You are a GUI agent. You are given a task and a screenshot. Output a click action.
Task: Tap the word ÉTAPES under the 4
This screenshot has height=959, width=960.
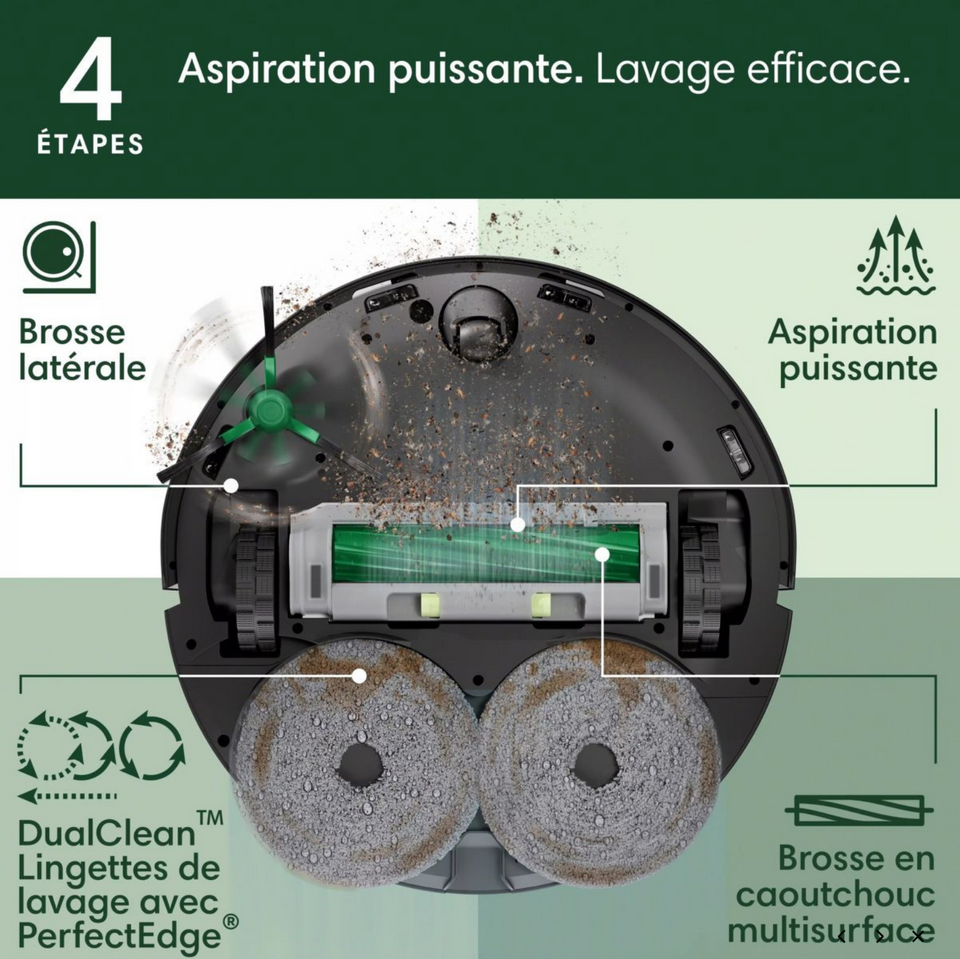[x=90, y=145]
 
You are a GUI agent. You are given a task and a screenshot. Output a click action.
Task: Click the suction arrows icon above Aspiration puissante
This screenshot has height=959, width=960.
[x=895, y=255]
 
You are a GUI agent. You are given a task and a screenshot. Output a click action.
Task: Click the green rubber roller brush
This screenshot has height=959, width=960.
[x=486, y=556]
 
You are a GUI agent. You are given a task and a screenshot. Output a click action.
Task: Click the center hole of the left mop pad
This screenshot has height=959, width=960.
[x=360, y=766]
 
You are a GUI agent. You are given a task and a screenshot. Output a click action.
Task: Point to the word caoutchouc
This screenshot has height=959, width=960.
[x=834, y=894]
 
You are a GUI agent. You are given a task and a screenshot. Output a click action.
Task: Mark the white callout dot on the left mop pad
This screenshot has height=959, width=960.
[x=358, y=676]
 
